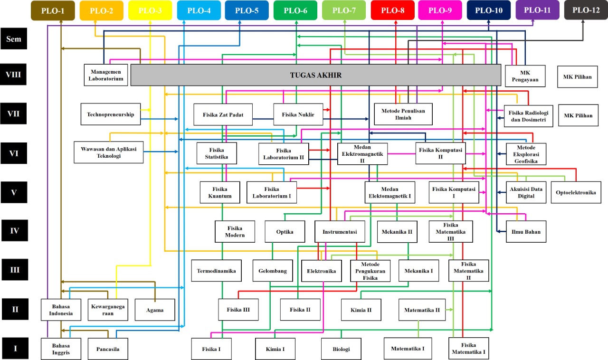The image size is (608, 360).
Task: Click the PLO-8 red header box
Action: [x=394, y=10]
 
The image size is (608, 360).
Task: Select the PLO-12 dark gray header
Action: [x=586, y=10]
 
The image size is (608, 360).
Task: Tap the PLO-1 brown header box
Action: [x=52, y=10]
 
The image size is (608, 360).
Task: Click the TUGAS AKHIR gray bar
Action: [x=316, y=76]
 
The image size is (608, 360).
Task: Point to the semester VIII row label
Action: [x=14, y=75]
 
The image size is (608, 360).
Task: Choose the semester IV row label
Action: [x=14, y=231]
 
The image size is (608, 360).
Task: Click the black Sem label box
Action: [x=14, y=39]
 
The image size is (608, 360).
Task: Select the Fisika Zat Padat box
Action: [x=223, y=114]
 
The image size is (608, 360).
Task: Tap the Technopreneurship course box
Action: [x=111, y=114]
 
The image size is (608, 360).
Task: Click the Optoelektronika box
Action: [x=576, y=192]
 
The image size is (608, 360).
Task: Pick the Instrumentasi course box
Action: [x=340, y=232]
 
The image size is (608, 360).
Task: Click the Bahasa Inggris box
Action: [x=61, y=349]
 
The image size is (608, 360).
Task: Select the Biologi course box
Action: [x=341, y=349]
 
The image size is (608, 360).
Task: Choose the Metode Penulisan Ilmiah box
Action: [x=403, y=114]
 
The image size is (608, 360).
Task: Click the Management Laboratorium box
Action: [x=106, y=75]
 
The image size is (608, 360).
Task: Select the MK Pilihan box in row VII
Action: [x=578, y=115]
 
